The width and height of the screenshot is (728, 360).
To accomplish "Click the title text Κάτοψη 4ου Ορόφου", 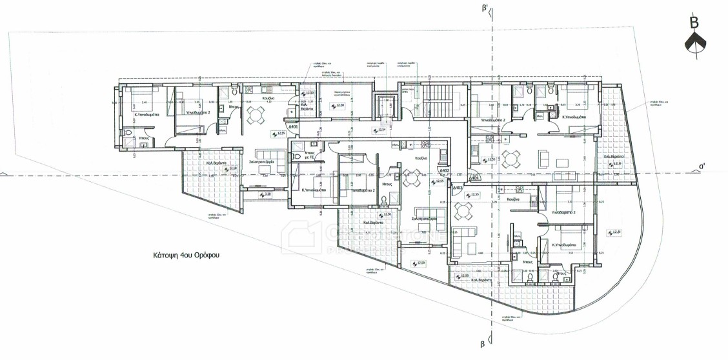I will tap(187, 255).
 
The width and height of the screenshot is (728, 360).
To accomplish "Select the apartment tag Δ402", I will tap(443, 171).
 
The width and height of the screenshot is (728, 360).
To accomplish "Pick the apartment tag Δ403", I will tap(458, 188).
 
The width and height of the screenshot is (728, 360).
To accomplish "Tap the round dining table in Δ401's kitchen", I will tap(256, 115).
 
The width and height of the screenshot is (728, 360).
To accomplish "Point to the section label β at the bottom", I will tap(482, 345).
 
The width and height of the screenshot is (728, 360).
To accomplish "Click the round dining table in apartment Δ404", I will tap(511, 158).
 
